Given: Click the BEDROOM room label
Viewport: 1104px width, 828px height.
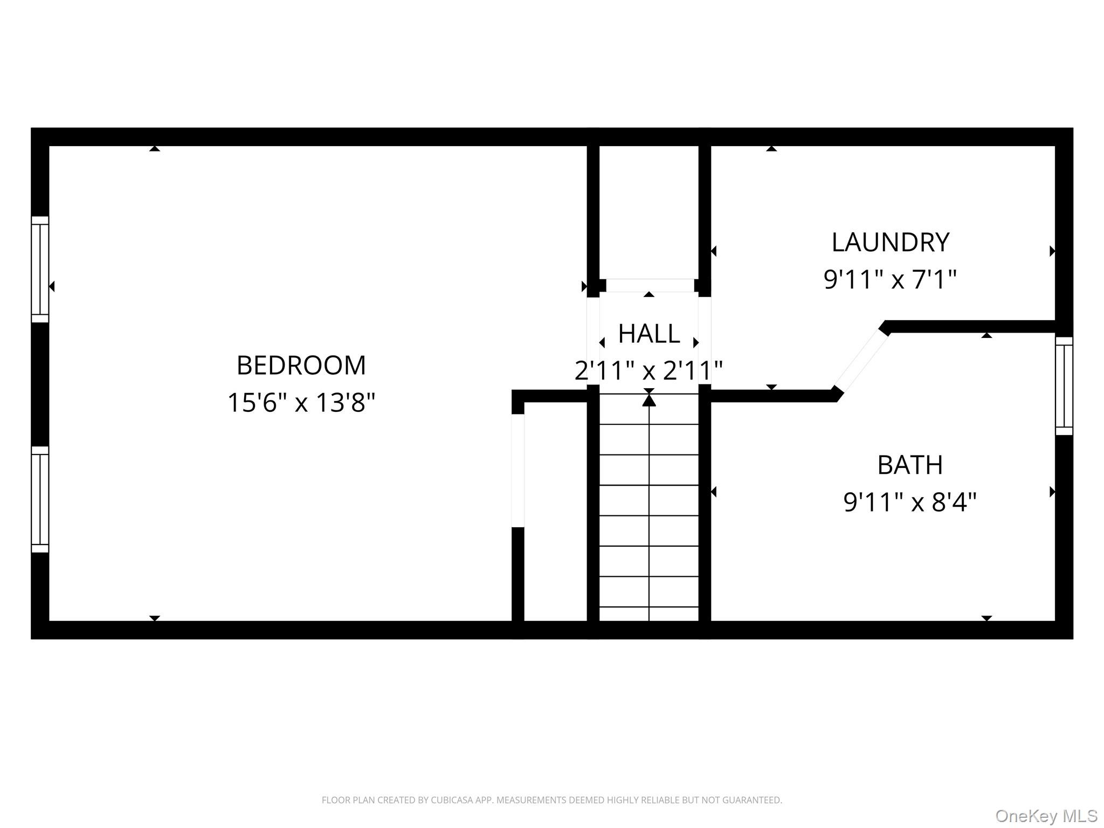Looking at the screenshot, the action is pyautogui.click(x=301, y=365).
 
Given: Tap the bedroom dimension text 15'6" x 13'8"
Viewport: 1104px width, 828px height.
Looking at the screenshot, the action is pyautogui.click(x=301, y=403).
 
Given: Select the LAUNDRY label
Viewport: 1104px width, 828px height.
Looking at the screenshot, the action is pyautogui.click(x=891, y=243).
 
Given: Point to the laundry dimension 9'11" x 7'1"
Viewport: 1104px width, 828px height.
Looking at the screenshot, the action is pyautogui.click(x=891, y=280).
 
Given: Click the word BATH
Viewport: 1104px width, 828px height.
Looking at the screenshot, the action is pyautogui.click(x=910, y=465).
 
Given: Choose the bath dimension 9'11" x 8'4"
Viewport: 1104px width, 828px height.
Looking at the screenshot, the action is pyautogui.click(x=910, y=502).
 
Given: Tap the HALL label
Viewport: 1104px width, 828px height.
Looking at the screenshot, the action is pyautogui.click(x=649, y=334).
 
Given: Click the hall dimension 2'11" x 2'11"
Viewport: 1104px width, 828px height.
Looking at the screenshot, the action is pyautogui.click(x=649, y=371).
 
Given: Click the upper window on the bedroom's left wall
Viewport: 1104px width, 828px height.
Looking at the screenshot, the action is pyautogui.click(x=40, y=270).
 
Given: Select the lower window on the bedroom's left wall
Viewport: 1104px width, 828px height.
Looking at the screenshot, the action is pyautogui.click(x=40, y=499).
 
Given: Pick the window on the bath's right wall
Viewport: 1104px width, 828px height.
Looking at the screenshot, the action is pyautogui.click(x=1064, y=386).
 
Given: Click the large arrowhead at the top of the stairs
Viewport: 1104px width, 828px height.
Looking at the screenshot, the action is pyautogui.click(x=649, y=400).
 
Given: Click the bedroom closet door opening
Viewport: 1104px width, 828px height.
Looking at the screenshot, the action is pyautogui.click(x=517, y=471).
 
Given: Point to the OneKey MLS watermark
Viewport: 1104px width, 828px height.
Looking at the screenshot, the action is pyautogui.click(x=1046, y=816).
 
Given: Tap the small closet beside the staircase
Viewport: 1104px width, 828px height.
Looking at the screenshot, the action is pyautogui.click(x=555, y=512).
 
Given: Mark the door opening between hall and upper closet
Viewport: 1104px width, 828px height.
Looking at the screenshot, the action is pyautogui.click(x=650, y=285).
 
